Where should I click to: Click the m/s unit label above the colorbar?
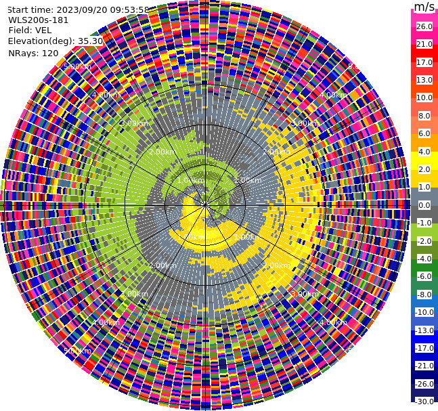[424, 7]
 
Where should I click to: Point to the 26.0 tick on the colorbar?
[424, 26]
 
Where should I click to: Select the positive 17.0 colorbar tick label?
[424, 62]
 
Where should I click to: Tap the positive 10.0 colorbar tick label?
[424, 98]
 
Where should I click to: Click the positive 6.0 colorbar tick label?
[424, 133]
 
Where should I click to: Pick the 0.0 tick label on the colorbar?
[424, 205]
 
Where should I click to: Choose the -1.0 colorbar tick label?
[424, 223]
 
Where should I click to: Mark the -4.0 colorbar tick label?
[424, 259]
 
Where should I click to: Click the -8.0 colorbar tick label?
[424, 295]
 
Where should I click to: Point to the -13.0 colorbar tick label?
[424, 330]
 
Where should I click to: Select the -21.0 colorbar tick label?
[424, 366]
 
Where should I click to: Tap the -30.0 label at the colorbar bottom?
[424, 402]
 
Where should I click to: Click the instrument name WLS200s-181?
[39, 20]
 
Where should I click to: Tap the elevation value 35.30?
[91, 41]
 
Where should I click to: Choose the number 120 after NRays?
[50, 53]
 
